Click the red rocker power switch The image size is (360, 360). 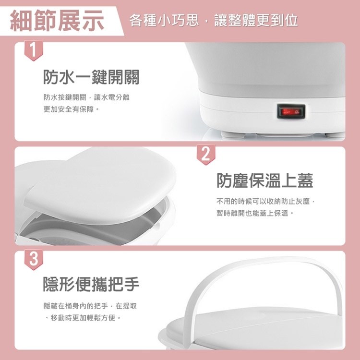[291, 111]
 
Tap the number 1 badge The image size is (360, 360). [34, 50]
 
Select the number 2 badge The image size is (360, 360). [206, 154]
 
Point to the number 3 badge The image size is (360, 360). [34, 259]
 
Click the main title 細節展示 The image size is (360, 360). [57, 21]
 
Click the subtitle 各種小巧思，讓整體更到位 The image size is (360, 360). [214, 20]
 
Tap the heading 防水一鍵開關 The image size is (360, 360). [91, 77]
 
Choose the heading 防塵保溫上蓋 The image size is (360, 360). [265, 180]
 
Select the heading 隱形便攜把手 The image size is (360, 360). [91, 284]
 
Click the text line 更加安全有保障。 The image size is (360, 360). [72, 109]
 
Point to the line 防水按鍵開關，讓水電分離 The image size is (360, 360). [86, 97]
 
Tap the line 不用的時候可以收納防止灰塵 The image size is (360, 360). [263, 201]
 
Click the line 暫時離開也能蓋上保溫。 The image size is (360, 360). [255, 213]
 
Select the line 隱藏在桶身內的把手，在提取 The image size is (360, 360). [90, 306]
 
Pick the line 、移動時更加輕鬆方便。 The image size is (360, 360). [83, 318]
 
